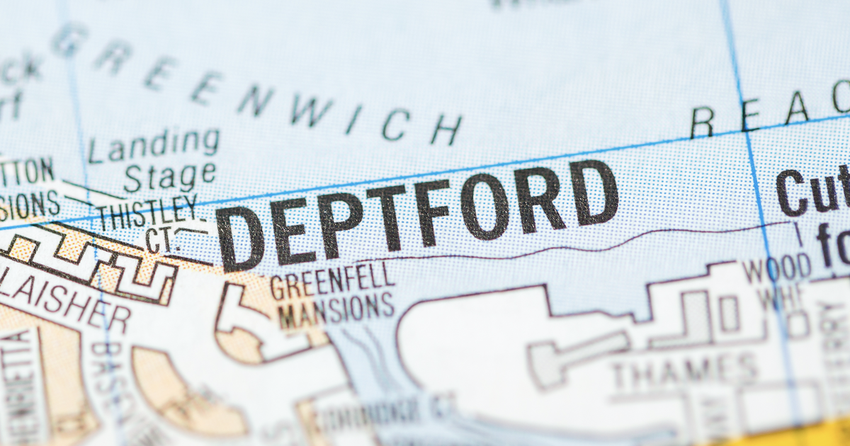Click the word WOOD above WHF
pos(776,268)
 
